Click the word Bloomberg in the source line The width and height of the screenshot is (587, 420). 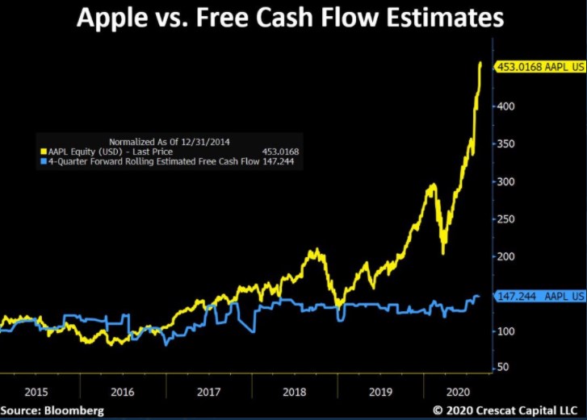tap(74, 410)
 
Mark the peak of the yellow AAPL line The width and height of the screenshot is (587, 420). tap(481, 62)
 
